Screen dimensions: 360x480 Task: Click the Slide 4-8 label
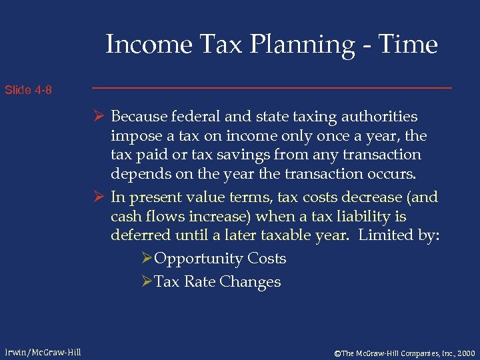pyautogui.click(x=28, y=90)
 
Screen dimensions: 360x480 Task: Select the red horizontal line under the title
pyautogui.click(x=271, y=88)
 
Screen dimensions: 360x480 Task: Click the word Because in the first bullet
pyautogui.click(x=139, y=116)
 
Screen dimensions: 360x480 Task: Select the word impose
pyautogui.click(x=132, y=135)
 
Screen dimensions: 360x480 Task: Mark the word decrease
pyautogui.click(x=376, y=197)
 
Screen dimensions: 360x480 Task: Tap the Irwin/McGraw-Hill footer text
pyautogui.click(x=41, y=352)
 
